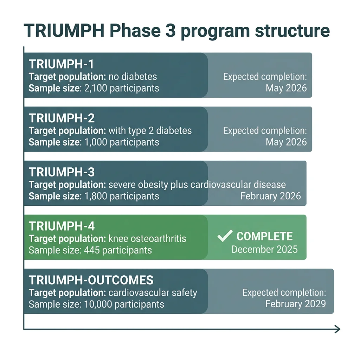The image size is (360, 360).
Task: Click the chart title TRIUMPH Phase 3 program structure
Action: (x=176, y=31)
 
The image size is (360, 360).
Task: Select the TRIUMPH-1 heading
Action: (x=61, y=64)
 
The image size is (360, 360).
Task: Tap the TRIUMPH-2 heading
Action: (x=62, y=118)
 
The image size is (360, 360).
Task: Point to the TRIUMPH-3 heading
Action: (x=62, y=172)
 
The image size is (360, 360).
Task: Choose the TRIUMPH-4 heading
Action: (x=62, y=226)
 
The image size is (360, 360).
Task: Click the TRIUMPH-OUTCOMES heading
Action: (x=91, y=280)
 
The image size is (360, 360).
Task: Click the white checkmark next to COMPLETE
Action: (x=224, y=236)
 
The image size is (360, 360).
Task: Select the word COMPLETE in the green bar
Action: (x=264, y=236)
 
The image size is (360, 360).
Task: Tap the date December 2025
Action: (x=264, y=250)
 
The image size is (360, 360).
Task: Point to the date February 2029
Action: (x=295, y=304)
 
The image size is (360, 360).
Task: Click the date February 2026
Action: (x=270, y=196)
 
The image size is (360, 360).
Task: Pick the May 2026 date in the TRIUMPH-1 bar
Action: (x=286, y=88)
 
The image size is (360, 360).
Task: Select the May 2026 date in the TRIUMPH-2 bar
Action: (x=286, y=142)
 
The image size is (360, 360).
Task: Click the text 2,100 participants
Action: (x=122, y=88)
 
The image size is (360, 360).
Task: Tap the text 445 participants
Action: (x=118, y=250)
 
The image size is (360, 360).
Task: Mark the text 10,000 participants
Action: (x=124, y=304)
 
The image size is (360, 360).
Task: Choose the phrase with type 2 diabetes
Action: (x=150, y=131)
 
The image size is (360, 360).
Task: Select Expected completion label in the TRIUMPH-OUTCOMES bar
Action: (x=284, y=292)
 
